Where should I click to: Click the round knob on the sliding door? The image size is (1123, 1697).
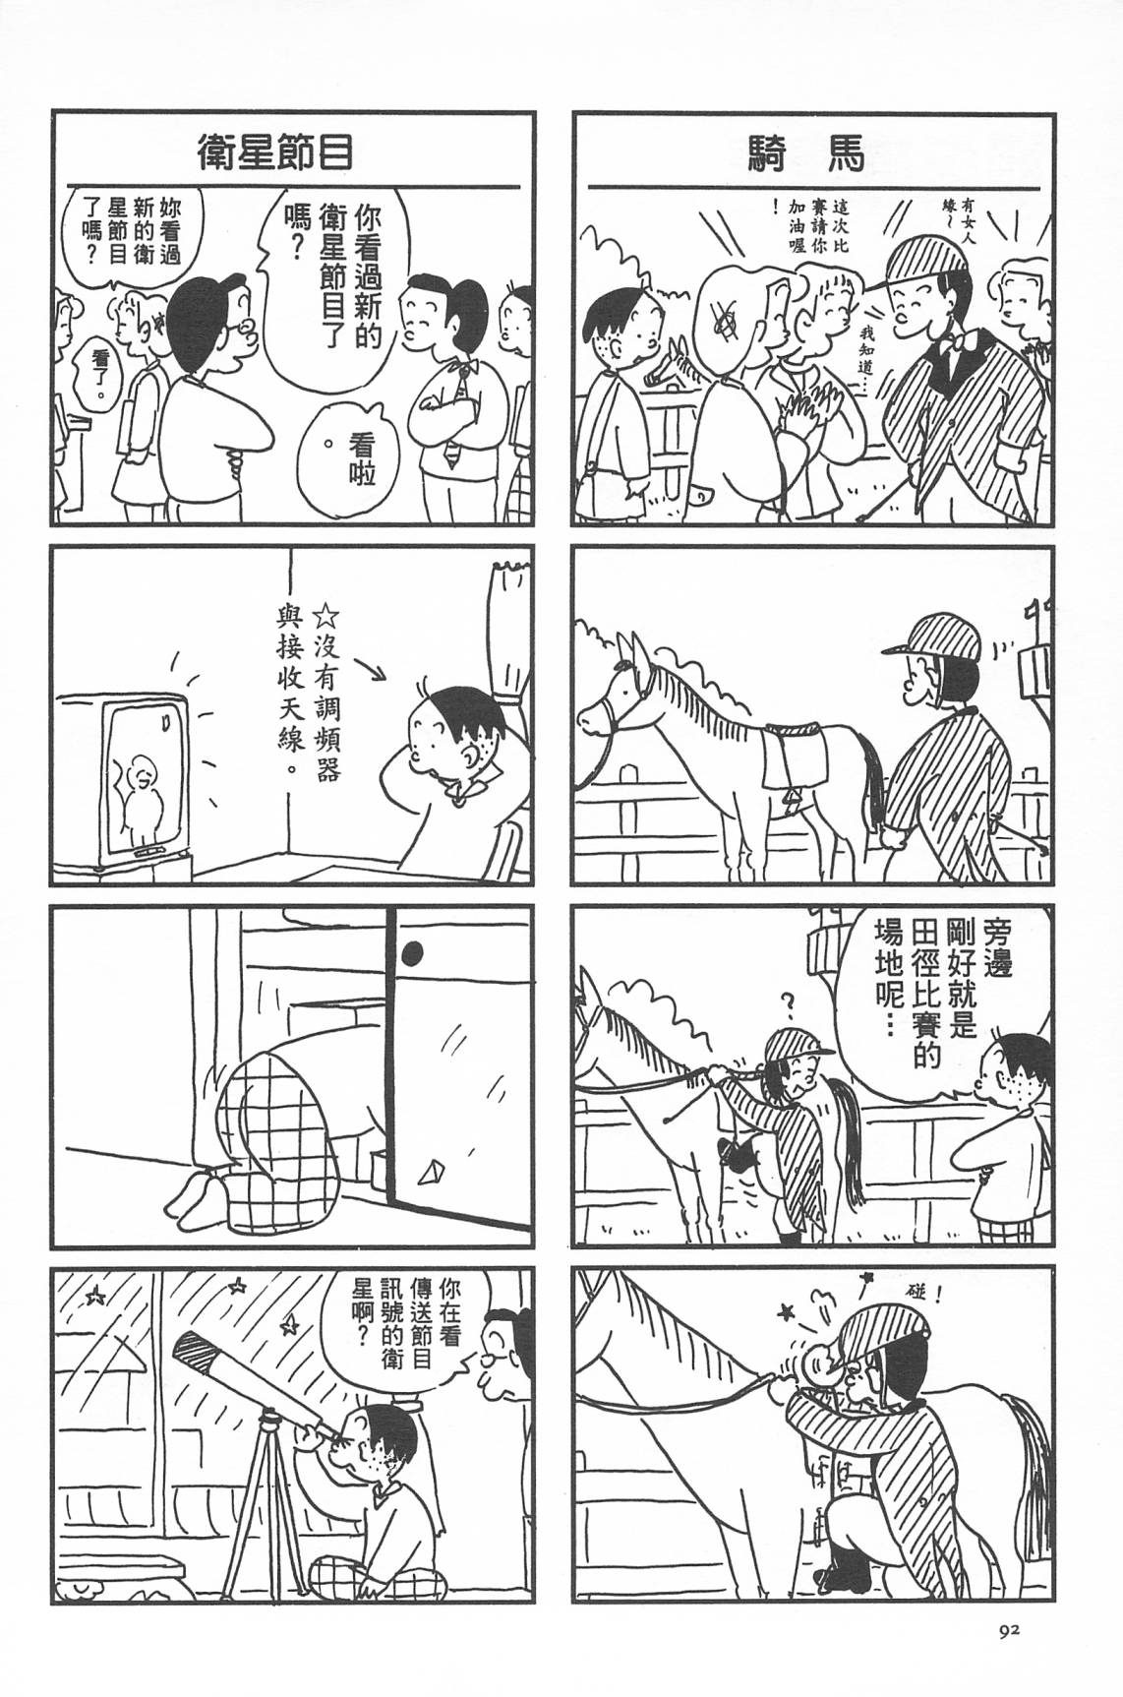point(414,951)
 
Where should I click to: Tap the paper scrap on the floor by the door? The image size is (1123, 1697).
point(431,1175)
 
